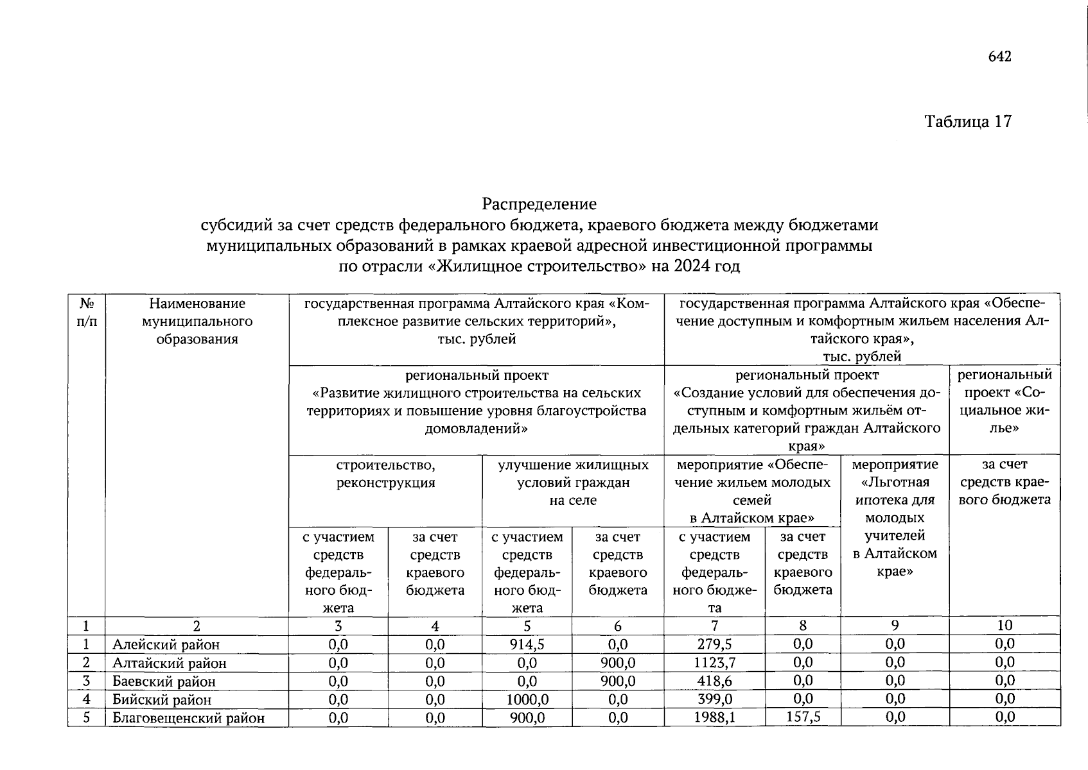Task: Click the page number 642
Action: click(1000, 57)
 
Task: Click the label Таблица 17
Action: click(968, 121)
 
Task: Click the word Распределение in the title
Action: click(540, 205)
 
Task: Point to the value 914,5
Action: click(527, 644)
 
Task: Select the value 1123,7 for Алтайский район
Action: click(714, 663)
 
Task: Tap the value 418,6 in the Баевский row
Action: click(714, 681)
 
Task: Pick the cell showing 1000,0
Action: click(527, 699)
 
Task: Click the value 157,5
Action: click(803, 717)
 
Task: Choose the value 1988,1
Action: click(714, 717)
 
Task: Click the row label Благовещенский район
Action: click(189, 718)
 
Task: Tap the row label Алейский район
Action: click(166, 645)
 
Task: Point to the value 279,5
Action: click(714, 644)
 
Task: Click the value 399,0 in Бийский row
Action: click(714, 699)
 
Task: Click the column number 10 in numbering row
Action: click(1005, 626)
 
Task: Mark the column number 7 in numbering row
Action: click(714, 626)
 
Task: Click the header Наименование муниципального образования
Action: click(197, 321)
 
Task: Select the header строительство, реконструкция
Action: click(385, 474)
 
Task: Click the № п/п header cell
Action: click(86, 312)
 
